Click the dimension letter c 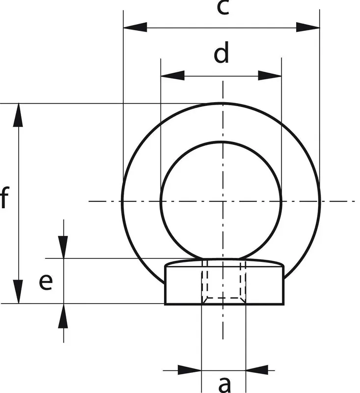pyautogui.click(x=222, y=7)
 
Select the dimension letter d pyautogui.click(x=222, y=53)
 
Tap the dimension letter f pyautogui.click(x=4, y=197)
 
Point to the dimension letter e pyautogui.click(x=46, y=282)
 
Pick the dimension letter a pyautogui.click(x=225, y=385)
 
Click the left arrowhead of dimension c pyautogui.click(x=135, y=27)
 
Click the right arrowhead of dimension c pyautogui.click(x=308, y=27)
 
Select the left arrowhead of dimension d pyautogui.click(x=172, y=76)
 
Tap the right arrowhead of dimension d pyautogui.click(x=270, y=76)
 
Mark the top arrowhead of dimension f pyautogui.click(x=18, y=115)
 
